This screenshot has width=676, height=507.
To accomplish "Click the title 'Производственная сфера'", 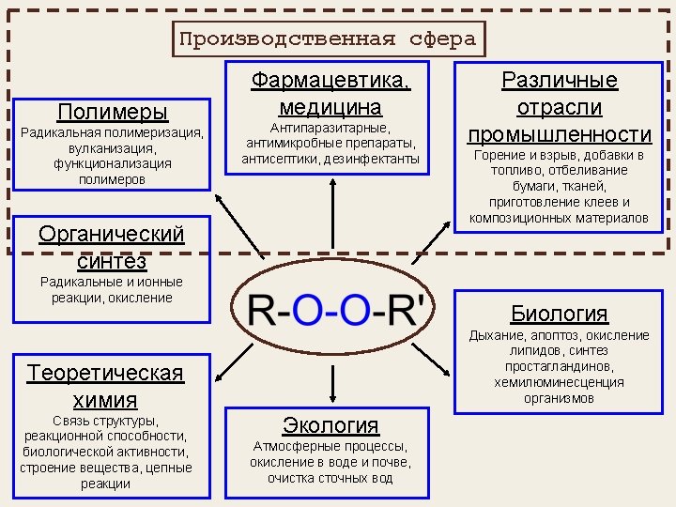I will (x=328, y=39).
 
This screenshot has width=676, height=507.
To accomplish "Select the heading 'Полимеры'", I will (x=113, y=112).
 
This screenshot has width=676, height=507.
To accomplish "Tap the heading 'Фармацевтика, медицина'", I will (x=330, y=93).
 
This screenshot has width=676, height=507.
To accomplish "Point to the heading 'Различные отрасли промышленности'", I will (x=560, y=106).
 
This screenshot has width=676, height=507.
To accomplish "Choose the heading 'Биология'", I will (x=559, y=313).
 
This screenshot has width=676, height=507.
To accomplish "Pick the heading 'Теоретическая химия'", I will (x=105, y=386).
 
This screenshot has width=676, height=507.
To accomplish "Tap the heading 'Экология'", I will (x=330, y=424).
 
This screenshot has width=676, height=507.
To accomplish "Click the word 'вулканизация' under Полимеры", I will (x=113, y=148).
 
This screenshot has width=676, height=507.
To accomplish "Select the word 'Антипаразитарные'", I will (x=330, y=128).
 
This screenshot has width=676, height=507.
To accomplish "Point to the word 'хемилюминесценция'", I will (x=559, y=382).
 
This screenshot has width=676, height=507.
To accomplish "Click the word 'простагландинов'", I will (x=559, y=366).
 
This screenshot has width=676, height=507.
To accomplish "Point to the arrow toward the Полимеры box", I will (x=240, y=226).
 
